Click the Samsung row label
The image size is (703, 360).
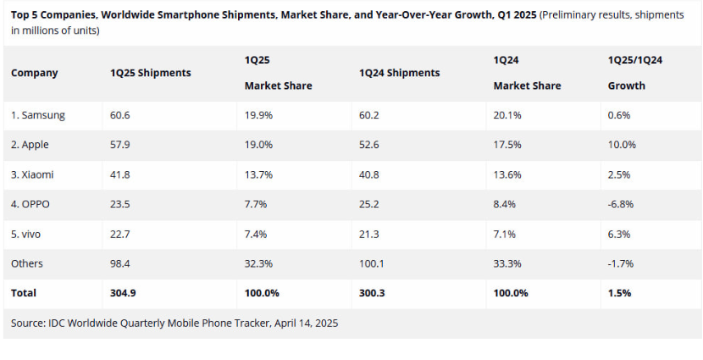coord(38,115)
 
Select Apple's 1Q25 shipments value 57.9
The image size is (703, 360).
coord(121,145)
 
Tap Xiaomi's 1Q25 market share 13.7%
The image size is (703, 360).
coord(258,174)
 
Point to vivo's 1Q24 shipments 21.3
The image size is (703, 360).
coord(371,234)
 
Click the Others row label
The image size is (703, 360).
coord(27,263)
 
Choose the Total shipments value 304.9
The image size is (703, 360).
coord(124,293)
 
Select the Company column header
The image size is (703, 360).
coord(35,73)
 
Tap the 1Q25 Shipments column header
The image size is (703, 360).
coord(151,73)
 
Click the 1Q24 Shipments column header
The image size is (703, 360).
coord(400,73)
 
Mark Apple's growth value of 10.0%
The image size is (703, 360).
coord(622,145)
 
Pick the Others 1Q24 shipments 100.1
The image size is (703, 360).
coord(373,263)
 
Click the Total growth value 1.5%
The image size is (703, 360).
coord(619,293)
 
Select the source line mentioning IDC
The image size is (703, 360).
coord(174,323)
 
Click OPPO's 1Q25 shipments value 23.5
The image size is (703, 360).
coord(121,204)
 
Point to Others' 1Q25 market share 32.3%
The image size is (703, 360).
coord(258,263)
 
